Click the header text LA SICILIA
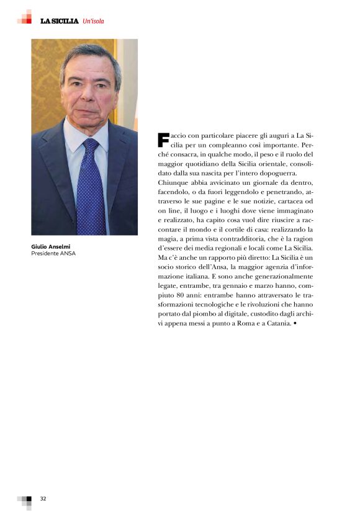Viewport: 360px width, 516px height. [x=59, y=21]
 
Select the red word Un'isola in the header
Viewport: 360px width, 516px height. [x=93, y=21]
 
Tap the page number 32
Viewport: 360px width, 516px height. [x=43, y=498]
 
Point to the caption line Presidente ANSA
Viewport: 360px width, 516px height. [x=53, y=253]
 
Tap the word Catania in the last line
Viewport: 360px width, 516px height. [x=274, y=324]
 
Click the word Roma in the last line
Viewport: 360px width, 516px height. [x=238, y=324]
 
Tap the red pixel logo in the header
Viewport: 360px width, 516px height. [x=25, y=17]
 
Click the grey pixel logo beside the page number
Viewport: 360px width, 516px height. [x=25, y=501]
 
